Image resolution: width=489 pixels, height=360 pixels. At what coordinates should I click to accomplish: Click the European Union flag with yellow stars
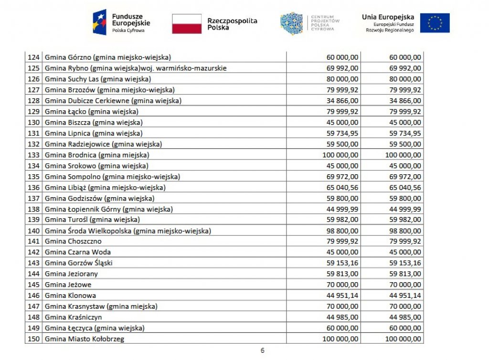[435, 23]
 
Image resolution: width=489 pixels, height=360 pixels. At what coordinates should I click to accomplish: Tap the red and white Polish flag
[187, 24]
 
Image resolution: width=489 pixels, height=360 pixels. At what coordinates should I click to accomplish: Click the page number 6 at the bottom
[262, 350]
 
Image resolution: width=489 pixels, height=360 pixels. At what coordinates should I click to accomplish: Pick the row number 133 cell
[33, 155]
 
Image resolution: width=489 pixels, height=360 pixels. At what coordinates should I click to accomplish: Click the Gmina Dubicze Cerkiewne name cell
[113, 101]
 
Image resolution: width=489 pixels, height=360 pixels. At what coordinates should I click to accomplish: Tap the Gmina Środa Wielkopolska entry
[128, 231]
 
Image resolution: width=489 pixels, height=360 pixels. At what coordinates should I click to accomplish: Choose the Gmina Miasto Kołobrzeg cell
[86, 339]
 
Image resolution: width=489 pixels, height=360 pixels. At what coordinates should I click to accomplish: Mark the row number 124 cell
[33, 57]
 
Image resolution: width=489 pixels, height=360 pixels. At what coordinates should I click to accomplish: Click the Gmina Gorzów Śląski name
[79, 263]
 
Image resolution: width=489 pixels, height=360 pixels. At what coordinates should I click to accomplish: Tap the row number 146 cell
[33, 296]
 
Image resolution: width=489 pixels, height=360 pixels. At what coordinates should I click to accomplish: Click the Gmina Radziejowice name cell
[103, 144]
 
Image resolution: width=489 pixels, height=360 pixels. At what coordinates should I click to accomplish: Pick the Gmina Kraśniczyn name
[73, 317]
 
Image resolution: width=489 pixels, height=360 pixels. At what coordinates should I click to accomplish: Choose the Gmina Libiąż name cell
[105, 188]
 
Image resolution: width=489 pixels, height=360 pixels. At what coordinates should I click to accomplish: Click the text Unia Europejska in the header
[388, 17]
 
